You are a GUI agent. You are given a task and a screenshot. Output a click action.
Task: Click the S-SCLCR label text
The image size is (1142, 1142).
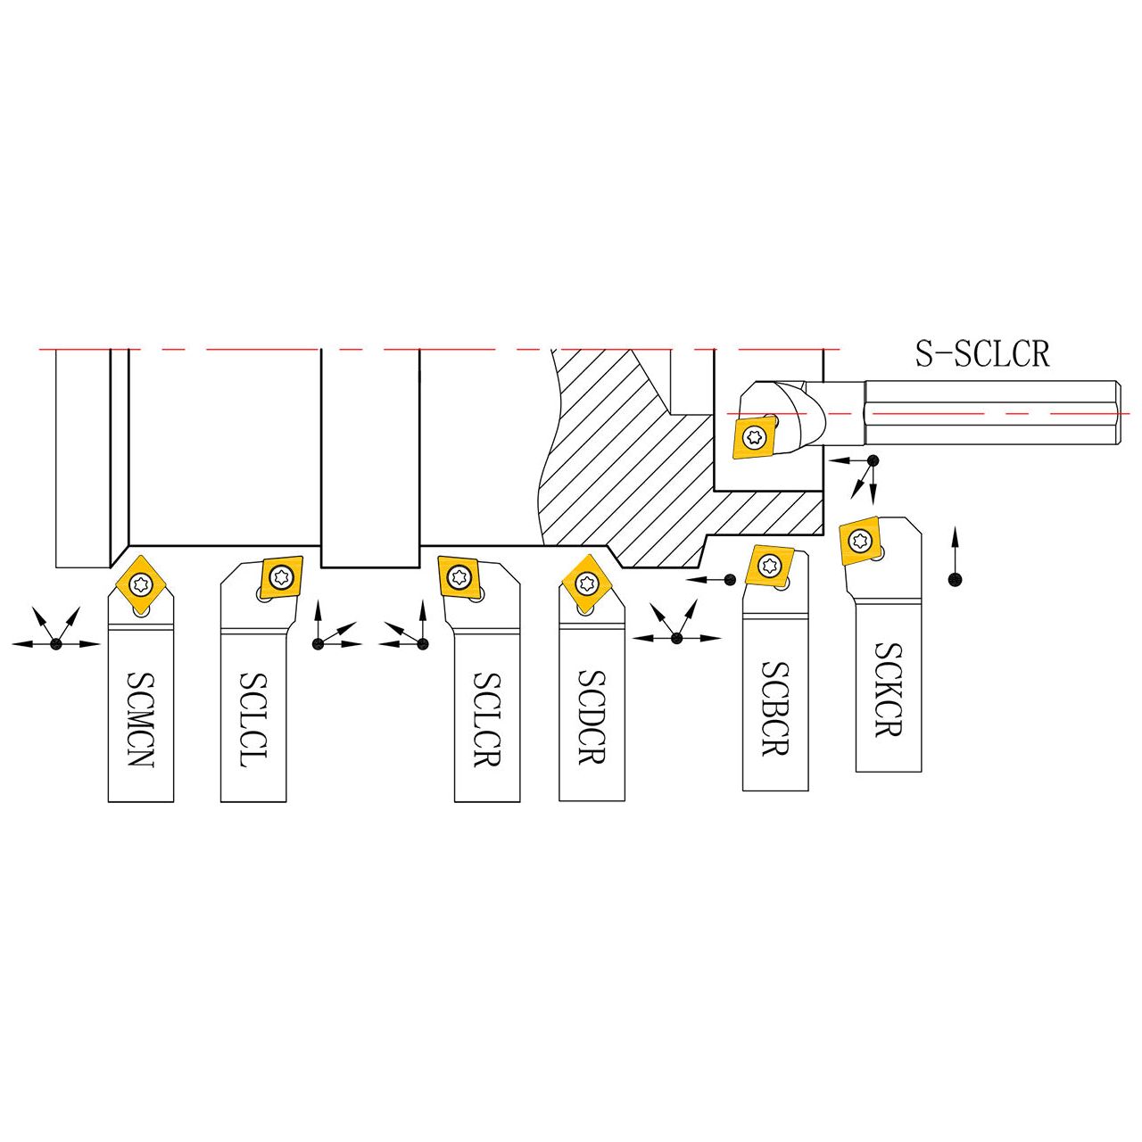982,353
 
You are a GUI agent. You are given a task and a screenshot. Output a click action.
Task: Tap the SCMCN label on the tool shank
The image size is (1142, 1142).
140,718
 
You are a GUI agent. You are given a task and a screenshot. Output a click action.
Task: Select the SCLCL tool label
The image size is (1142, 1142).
253,719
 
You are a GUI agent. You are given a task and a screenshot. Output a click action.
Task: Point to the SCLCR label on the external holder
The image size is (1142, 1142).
487,719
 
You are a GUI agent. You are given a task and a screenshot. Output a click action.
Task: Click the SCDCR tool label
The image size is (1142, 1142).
591,716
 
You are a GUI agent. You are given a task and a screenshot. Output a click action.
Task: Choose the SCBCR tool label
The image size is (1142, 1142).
775,708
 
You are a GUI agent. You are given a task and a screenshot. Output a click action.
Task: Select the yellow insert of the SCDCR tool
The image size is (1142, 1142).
587,583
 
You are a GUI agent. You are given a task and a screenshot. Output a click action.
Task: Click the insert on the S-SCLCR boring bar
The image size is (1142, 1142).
755,437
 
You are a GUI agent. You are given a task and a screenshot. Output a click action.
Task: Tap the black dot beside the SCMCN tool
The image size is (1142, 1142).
56,643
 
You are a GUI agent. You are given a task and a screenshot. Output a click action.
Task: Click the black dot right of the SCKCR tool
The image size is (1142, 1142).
954,579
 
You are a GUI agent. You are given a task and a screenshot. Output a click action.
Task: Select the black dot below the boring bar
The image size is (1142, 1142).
873,459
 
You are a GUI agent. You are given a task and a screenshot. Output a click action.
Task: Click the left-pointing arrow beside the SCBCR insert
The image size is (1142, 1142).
705,579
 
